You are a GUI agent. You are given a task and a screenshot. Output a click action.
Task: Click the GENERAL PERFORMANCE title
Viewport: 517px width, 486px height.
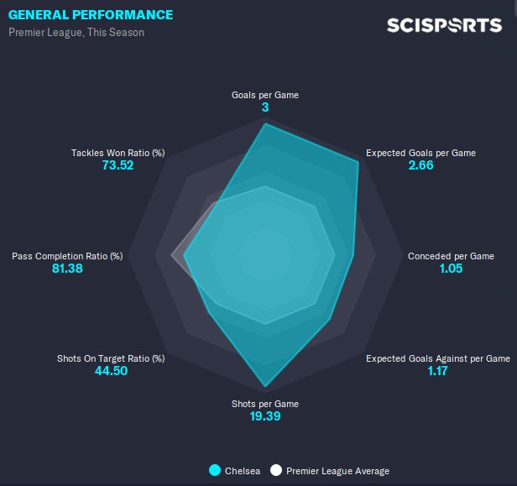click(91, 15)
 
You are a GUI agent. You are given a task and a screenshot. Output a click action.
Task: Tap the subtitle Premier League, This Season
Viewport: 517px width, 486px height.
click(76, 33)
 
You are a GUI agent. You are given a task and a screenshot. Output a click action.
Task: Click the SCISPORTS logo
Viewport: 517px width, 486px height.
click(444, 25)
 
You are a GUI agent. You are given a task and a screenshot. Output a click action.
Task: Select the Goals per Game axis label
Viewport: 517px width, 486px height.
click(265, 95)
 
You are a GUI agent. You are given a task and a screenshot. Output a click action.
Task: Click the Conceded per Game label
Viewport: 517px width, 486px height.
click(451, 256)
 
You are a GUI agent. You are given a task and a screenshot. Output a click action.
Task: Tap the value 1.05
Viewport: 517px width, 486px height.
click(451, 269)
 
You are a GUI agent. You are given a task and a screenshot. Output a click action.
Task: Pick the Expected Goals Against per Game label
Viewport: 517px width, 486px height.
click(437, 358)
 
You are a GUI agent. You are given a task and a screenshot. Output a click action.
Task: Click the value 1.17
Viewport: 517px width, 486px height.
click(437, 371)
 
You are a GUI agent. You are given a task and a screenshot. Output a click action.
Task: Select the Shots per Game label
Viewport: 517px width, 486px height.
click(265, 404)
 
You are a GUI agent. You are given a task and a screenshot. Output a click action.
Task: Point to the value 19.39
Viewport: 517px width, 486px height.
click(265, 416)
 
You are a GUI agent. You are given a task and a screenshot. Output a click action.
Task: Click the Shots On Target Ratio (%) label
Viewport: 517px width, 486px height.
click(111, 358)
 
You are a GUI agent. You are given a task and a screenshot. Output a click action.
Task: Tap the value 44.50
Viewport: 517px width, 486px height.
click(111, 371)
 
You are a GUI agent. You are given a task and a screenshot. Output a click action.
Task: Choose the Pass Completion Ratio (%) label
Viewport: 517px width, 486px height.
click(67, 256)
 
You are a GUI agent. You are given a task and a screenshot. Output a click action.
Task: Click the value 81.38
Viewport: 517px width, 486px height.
click(67, 269)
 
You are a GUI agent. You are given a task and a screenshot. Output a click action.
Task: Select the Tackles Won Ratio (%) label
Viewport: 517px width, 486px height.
click(117, 153)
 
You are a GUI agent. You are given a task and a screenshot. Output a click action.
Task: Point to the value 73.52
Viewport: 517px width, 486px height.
click(117, 165)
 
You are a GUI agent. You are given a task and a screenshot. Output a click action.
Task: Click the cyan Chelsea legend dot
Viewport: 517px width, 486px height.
click(215, 471)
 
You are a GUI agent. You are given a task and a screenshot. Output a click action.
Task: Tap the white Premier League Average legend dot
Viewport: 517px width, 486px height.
click(276, 471)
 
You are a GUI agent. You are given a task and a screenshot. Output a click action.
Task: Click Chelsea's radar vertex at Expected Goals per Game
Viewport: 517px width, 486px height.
click(358, 162)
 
